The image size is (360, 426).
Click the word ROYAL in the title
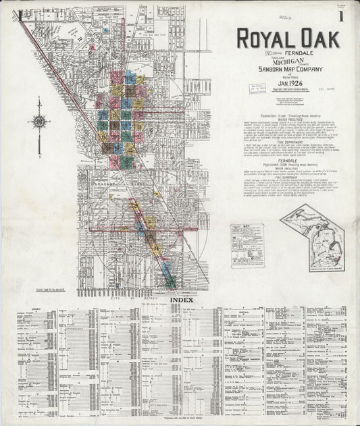point(263,38)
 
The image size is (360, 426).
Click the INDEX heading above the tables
point(181,300)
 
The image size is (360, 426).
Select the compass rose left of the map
point(38,122)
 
